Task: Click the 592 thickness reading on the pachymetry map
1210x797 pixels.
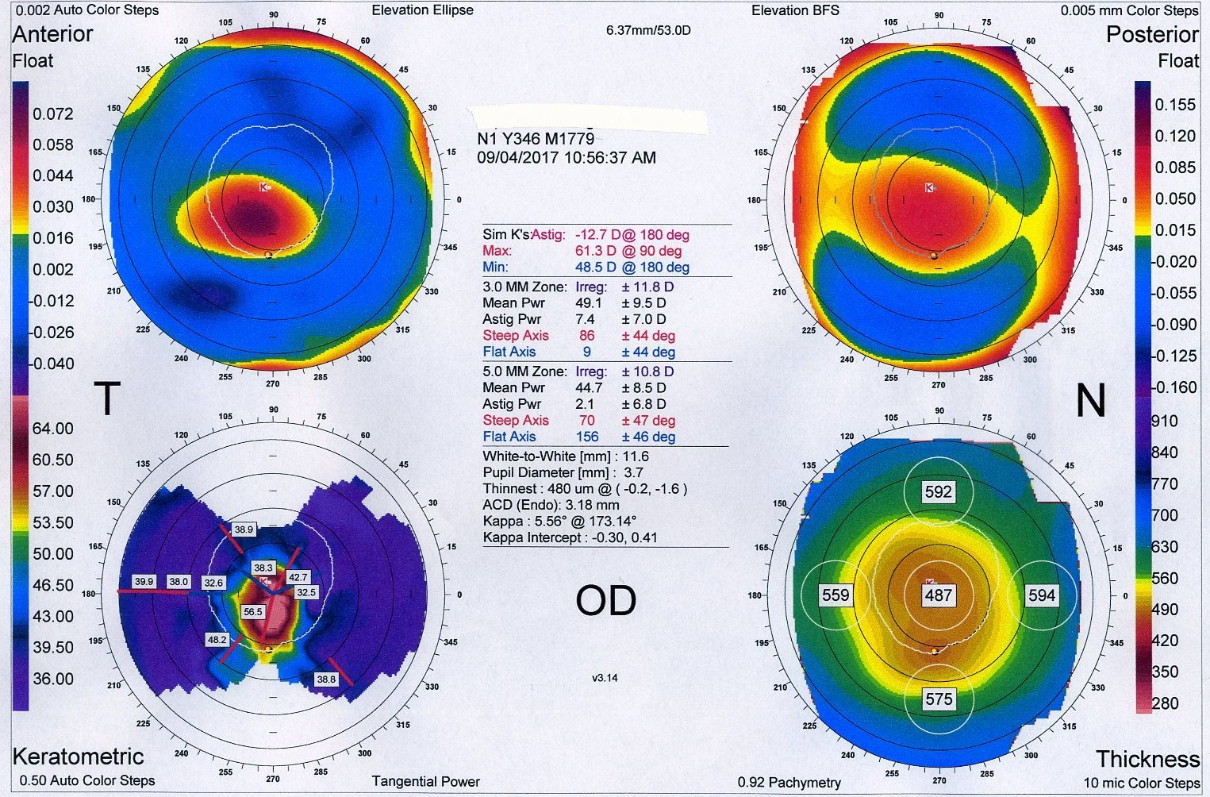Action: [938, 492]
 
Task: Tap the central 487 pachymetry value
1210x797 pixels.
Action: [938, 595]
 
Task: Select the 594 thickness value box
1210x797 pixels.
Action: [1042, 595]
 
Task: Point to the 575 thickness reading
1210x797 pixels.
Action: [938, 699]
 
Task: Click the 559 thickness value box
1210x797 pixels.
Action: [835, 595]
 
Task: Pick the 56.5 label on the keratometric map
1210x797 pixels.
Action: [253, 612]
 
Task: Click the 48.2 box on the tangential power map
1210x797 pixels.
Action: [217, 640]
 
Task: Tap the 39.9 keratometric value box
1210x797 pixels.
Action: [144, 582]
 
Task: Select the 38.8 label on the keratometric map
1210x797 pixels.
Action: [326, 680]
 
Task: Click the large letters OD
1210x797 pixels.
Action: [605, 601]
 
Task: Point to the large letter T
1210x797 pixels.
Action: [107, 398]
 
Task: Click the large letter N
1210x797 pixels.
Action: [1090, 400]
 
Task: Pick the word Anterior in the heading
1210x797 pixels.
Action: [52, 34]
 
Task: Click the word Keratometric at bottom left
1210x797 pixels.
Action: [78, 756]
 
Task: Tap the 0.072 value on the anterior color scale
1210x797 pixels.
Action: [52, 114]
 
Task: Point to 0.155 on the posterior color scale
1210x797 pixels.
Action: [1174, 105]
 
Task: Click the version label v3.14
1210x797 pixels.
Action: [605, 678]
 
